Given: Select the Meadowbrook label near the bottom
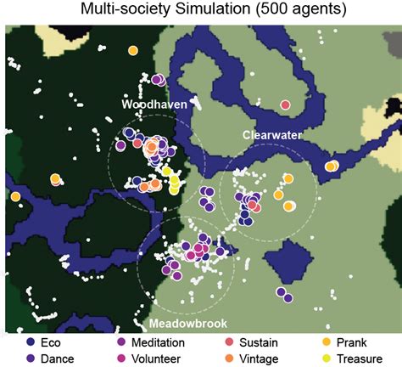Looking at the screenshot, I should pos(178,325).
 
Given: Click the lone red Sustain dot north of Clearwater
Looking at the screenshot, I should pos(285,104).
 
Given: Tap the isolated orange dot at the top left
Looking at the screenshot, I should pos(133,51).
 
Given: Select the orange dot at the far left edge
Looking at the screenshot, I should pos(15,197).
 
